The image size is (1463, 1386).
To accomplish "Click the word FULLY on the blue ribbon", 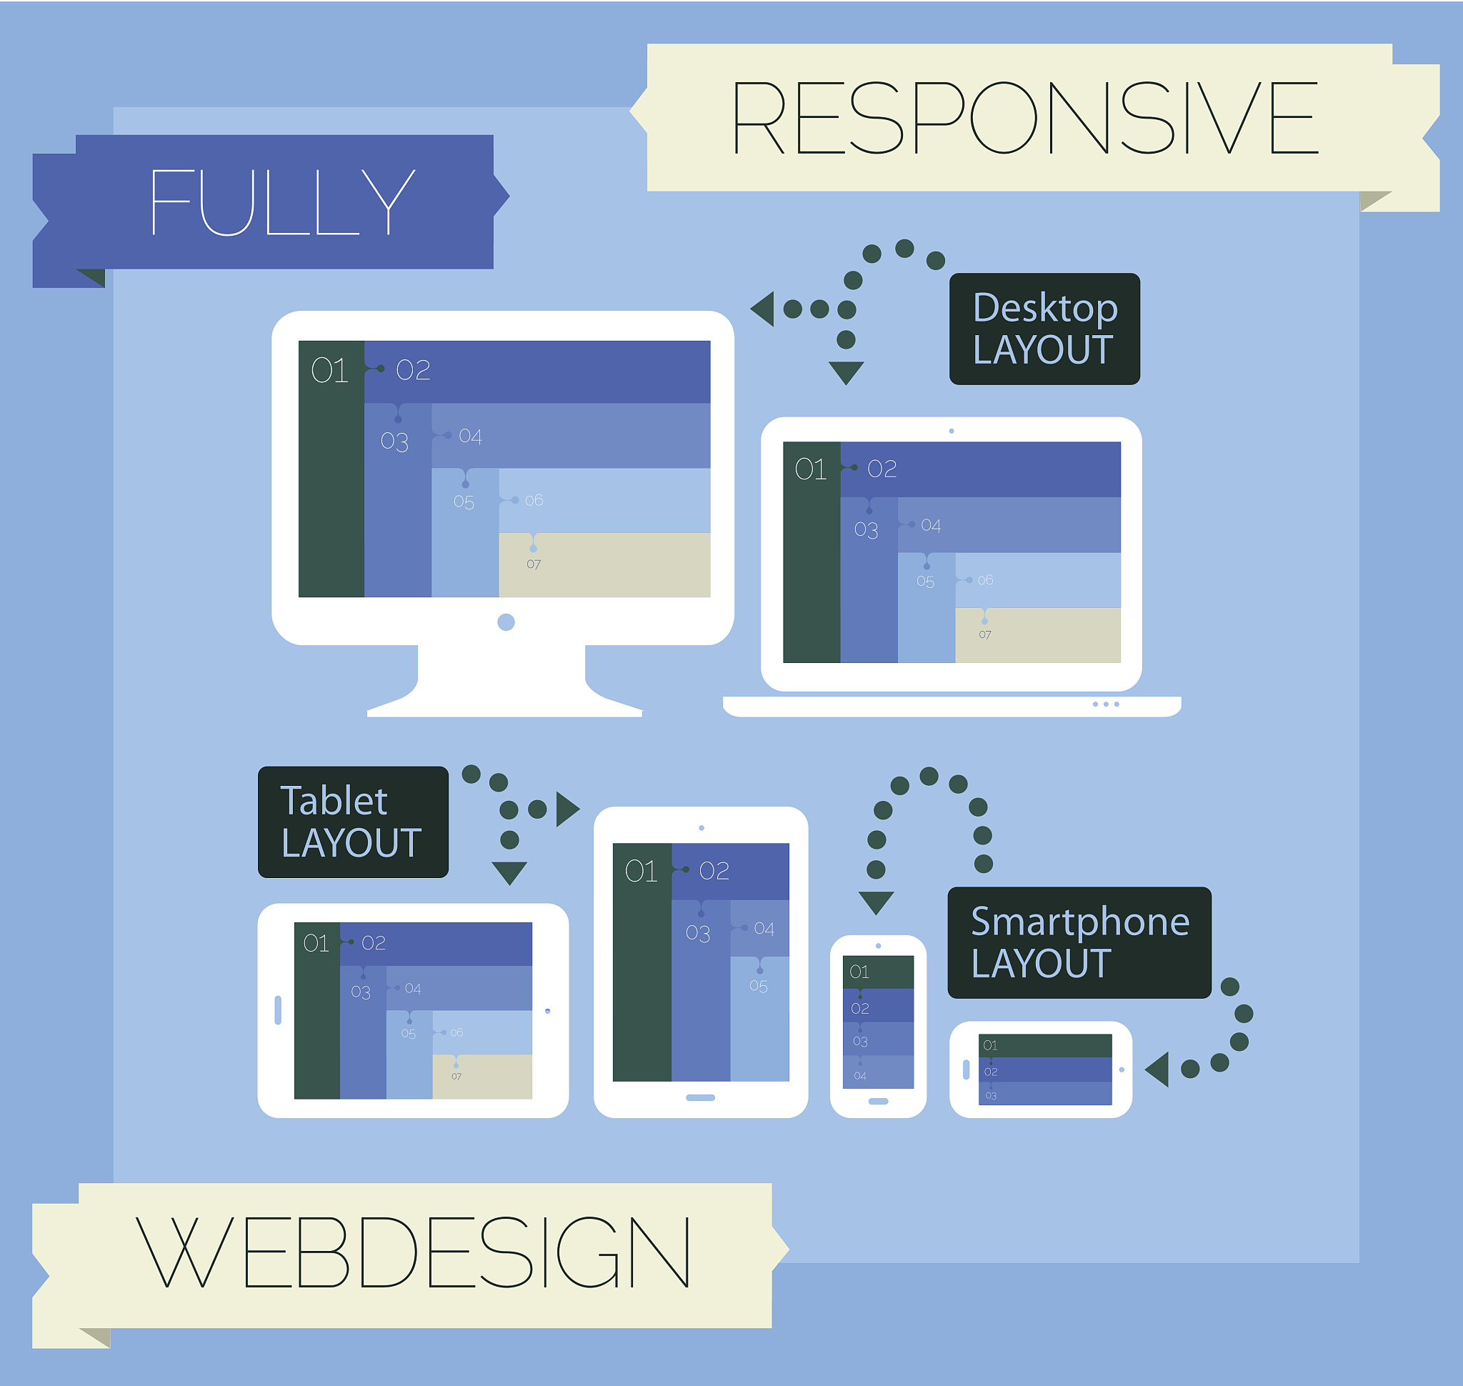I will pyautogui.click(x=281, y=201).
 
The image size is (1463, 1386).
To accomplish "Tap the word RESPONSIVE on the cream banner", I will pyautogui.click(x=1024, y=118).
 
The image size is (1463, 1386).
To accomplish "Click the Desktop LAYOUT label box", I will pyautogui.click(x=1044, y=329).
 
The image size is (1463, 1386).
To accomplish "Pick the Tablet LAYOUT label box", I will pyautogui.click(x=352, y=822).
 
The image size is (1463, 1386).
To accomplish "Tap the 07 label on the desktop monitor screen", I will pyautogui.click(x=534, y=564).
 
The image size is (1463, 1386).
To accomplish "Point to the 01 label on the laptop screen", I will pyautogui.click(x=811, y=469).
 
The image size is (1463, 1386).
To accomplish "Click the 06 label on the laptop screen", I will pyautogui.click(x=985, y=580).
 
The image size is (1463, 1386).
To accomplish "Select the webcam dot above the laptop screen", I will pyautogui.click(x=951, y=431).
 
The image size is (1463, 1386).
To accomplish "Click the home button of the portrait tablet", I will pyautogui.click(x=700, y=1097).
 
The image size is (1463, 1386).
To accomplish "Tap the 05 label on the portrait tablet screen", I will pyautogui.click(x=758, y=987).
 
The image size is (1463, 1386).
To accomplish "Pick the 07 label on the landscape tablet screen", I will pyautogui.click(x=456, y=1077).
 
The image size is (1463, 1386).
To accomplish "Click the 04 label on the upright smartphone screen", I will pyautogui.click(x=860, y=1076).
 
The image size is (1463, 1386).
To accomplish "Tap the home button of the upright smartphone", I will pyautogui.click(x=878, y=1101).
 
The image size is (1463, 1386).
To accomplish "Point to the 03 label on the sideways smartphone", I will pyautogui.click(x=991, y=1096).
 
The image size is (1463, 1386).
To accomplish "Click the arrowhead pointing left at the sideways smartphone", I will pyautogui.click(x=1158, y=1069).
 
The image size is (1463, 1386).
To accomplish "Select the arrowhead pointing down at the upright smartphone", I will pyautogui.click(x=877, y=902).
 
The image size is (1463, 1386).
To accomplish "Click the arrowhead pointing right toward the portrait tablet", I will pyautogui.click(x=566, y=809).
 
